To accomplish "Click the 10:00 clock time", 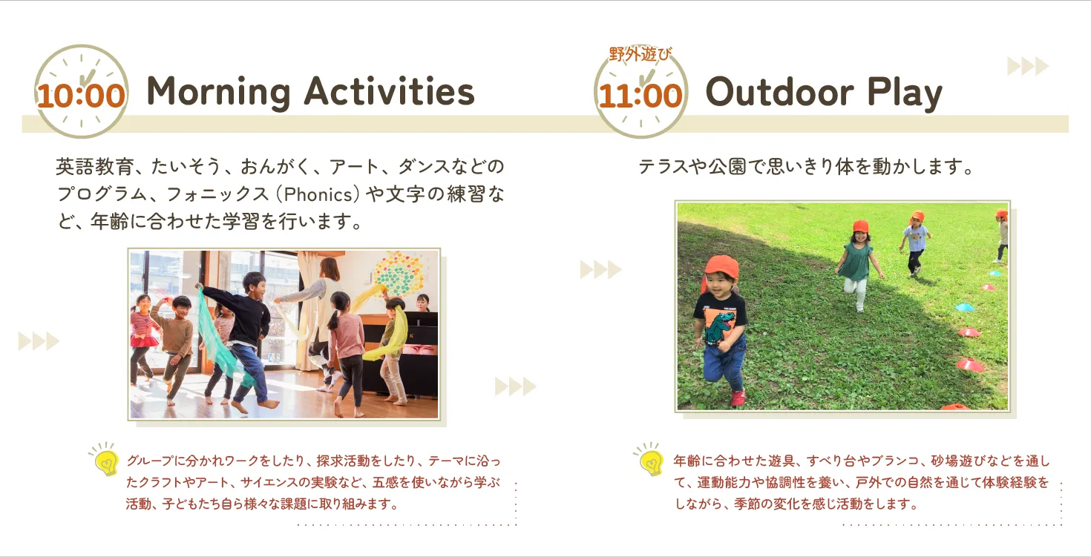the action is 81,96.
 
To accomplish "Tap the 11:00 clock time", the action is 640,96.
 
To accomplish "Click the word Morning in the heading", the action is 219,92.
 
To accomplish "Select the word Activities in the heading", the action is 389,91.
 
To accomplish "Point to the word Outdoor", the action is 779,91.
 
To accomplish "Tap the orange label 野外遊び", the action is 640,54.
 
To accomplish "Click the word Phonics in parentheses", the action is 318,194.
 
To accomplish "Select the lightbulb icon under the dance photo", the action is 105,459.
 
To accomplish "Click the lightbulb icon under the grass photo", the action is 650,459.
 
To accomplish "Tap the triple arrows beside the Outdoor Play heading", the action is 1028,66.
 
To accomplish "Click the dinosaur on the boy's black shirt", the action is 719,327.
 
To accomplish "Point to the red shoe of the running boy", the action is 738,398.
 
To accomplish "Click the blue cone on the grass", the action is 964,307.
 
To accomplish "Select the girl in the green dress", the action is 858,266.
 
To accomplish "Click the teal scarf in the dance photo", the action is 218,336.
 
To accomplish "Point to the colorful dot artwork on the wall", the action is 399,274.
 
